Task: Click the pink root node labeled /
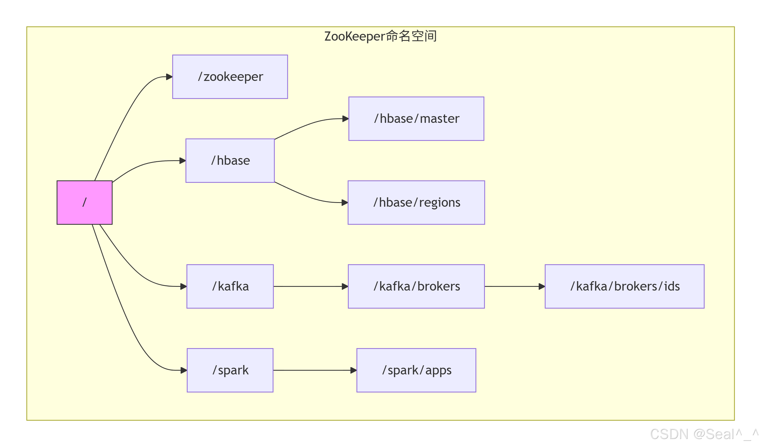(x=85, y=202)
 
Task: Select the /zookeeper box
(x=230, y=77)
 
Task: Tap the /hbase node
(x=230, y=161)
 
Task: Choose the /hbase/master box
(x=416, y=119)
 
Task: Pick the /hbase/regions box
(x=416, y=202)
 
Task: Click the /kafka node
(x=230, y=286)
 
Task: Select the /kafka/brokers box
(x=416, y=286)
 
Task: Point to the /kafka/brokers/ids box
(x=624, y=286)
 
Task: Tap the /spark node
(x=230, y=370)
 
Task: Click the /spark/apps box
(x=416, y=370)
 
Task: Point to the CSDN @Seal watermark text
(x=704, y=434)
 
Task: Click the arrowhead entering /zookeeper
(x=169, y=77)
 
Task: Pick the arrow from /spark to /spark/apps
(x=314, y=370)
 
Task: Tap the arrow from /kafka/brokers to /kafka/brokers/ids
(x=513, y=286)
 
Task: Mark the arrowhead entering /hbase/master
(x=345, y=119)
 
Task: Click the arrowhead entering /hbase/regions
(x=345, y=202)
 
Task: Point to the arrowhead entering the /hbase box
(x=183, y=161)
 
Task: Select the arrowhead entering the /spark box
(x=184, y=370)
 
